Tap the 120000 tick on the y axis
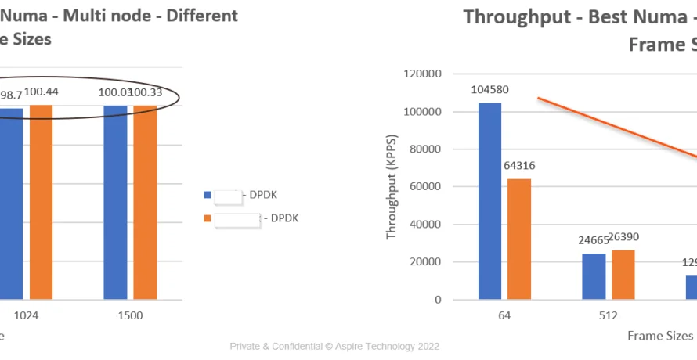tap(423, 74)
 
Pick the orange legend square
tap(207, 218)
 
